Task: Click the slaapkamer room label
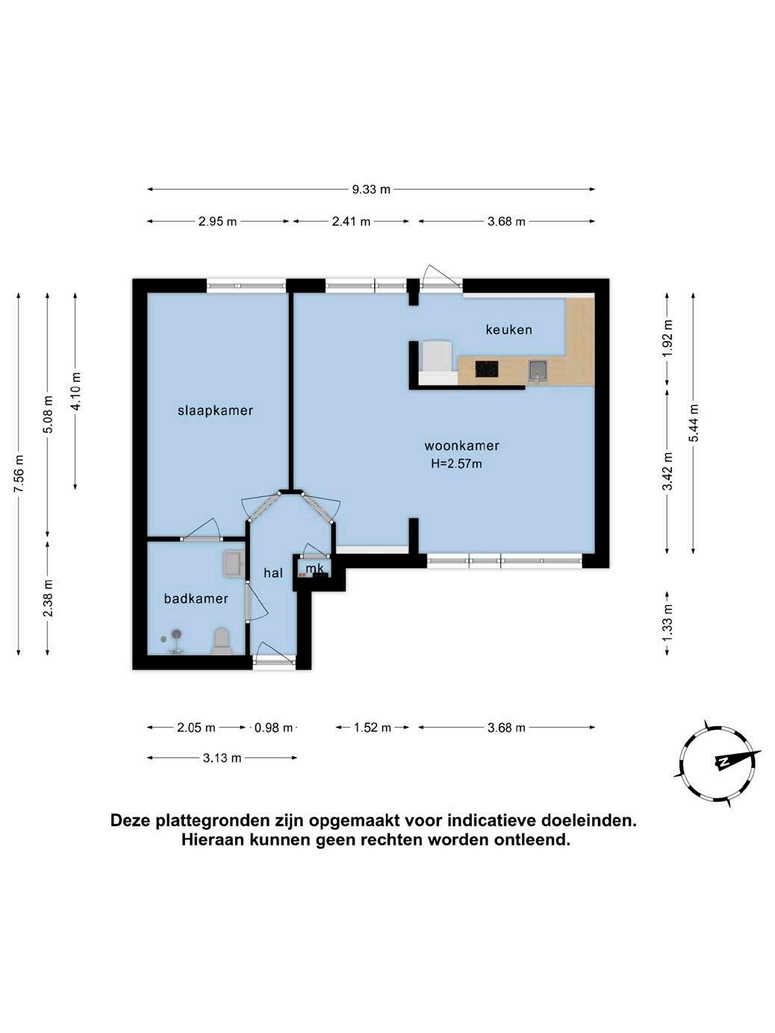[x=216, y=411]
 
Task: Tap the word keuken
[x=509, y=329]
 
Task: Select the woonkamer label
[x=461, y=446]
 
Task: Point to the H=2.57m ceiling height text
[x=456, y=464]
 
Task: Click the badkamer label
[x=196, y=599]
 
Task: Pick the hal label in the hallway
[x=273, y=572]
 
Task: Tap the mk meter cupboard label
[x=314, y=569]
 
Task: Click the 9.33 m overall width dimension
[x=371, y=190]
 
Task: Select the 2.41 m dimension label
[x=351, y=221]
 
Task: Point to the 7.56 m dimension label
[x=19, y=473]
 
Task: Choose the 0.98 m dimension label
[x=273, y=728]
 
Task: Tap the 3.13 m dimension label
[x=222, y=758]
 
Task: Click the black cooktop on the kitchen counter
[x=487, y=369]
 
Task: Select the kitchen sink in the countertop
[x=538, y=370]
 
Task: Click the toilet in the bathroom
[x=222, y=642]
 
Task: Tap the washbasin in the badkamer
[x=234, y=564]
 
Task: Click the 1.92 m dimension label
[x=667, y=338]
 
